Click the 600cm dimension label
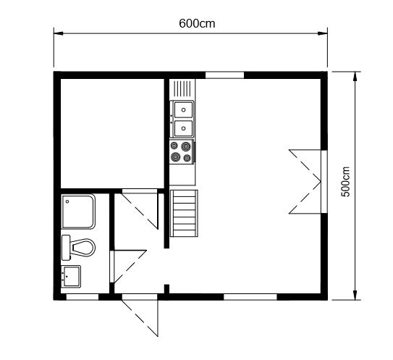[197, 24]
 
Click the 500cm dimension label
[345, 182]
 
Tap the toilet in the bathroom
[78, 248]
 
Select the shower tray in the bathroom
[78, 212]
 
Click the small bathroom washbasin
[71, 276]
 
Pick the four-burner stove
[182, 152]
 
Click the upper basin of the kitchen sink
[183, 109]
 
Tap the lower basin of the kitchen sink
[183, 128]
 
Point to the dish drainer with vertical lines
[182, 88]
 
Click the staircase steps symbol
[184, 213]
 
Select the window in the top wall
[224, 75]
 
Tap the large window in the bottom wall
[250, 297]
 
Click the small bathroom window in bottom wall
[83, 297]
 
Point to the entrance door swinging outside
[140, 315]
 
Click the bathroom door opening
[128, 267]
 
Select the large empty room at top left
[112, 133]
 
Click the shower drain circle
[67, 201]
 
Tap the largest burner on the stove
[186, 146]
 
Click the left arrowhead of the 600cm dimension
[58, 33]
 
